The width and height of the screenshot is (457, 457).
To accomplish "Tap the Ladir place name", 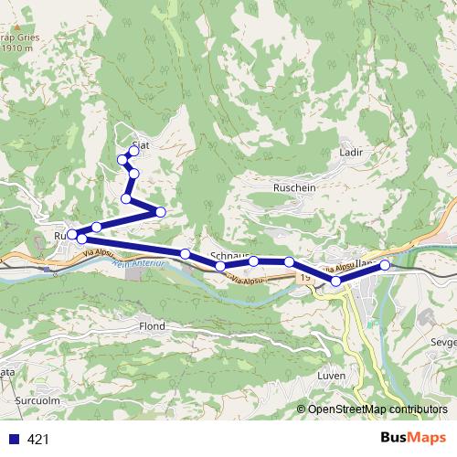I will [351, 153].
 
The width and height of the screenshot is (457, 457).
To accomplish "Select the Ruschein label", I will [293, 186].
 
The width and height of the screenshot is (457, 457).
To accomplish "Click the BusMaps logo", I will [407, 438].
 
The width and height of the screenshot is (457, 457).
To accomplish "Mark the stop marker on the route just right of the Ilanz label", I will [385, 265].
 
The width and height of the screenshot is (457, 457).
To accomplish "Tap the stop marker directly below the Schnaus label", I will [220, 266].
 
